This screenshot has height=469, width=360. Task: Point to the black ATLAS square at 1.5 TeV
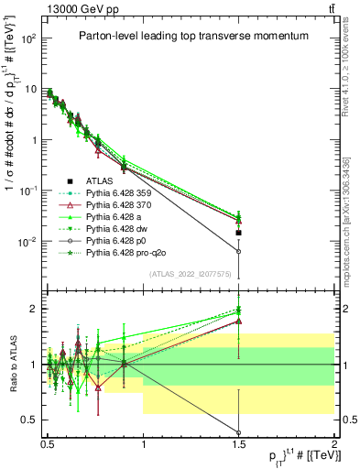click(239, 233)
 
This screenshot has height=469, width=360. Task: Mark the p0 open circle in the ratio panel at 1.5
click(239, 432)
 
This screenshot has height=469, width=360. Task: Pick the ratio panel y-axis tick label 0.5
click(28, 420)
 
